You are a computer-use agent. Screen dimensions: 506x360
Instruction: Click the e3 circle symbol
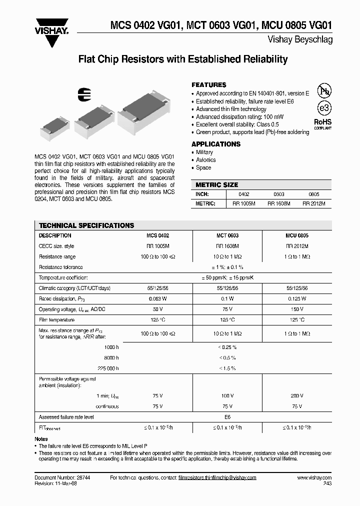(311, 108)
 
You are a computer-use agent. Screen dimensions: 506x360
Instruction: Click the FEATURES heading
(209, 85)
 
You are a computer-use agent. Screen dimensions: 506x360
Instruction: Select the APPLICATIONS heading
(216, 144)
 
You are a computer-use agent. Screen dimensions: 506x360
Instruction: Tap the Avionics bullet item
(205, 160)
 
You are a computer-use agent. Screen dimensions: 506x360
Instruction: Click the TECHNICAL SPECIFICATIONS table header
(86, 225)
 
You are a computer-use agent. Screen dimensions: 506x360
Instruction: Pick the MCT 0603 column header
(227, 235)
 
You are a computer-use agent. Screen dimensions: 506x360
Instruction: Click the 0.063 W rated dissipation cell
(158, 298)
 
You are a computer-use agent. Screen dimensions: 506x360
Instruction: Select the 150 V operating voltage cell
(297, 309)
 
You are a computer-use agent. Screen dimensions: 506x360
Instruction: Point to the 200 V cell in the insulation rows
(297, 395)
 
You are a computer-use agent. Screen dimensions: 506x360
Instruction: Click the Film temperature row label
(56, 320)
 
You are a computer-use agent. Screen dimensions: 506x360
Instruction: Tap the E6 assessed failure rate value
(227, 416)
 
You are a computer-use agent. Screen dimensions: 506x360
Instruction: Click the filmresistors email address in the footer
(217, 478)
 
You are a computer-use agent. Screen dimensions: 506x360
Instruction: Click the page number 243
(326, 484)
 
